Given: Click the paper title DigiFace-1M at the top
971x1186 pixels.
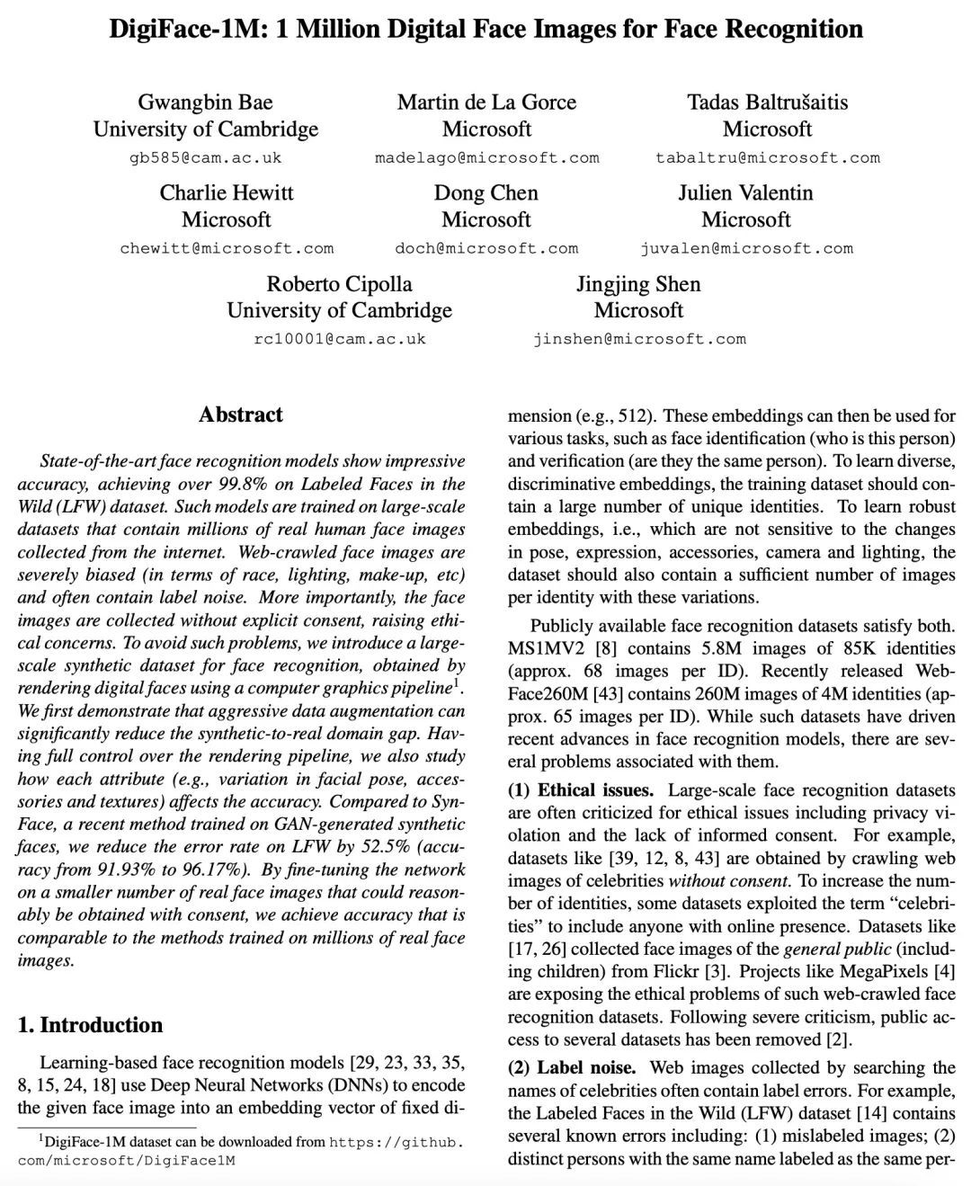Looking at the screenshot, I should [485, 29].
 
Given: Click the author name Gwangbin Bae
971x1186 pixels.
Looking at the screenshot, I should [205, 103].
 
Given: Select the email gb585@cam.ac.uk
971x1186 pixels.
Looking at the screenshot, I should [205, 157].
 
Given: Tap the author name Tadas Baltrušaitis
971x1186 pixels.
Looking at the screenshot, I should [767, 103].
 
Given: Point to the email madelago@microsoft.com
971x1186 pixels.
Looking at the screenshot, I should [486, 157].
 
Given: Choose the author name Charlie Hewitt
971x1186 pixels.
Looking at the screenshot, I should [227, 193].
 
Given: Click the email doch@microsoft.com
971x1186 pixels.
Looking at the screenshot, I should [486, 248].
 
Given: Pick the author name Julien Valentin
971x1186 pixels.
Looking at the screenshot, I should [745, 193].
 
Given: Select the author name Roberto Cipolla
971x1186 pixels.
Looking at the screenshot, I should [339, 284].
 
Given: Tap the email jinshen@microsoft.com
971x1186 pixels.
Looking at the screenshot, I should [638, 339].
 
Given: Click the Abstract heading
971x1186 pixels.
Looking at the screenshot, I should [241, 415].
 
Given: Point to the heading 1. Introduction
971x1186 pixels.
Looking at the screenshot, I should [90, 1025].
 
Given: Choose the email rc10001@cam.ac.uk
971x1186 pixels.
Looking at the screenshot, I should [339, 339].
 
